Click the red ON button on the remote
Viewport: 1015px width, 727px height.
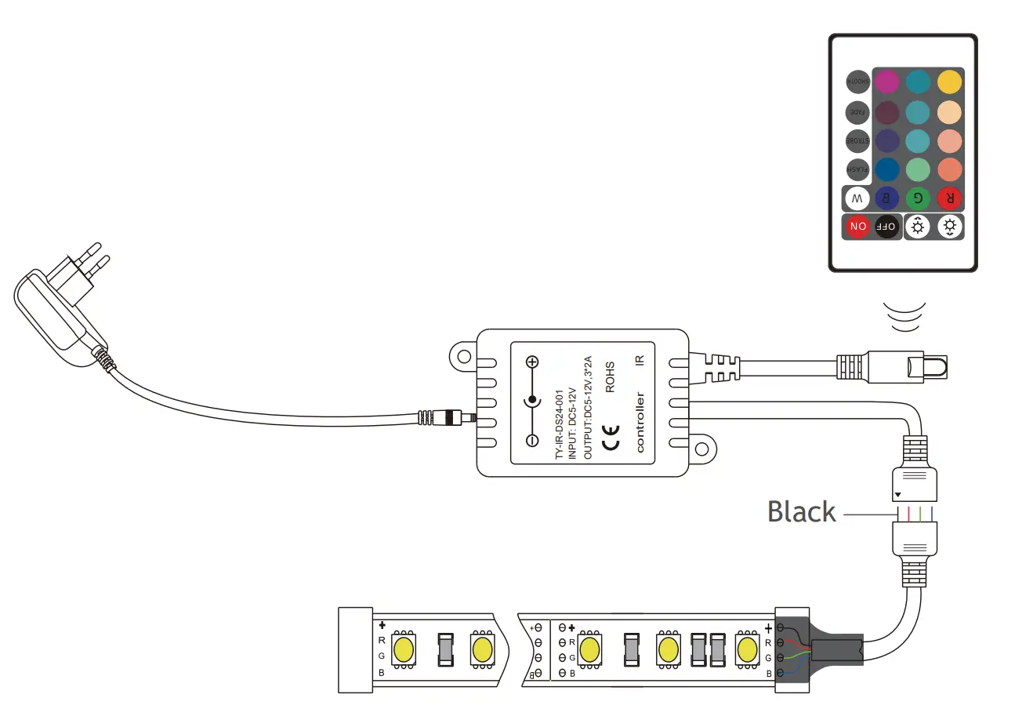857,227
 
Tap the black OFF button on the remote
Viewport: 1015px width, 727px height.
886,227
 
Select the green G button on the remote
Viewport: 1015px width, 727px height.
918,198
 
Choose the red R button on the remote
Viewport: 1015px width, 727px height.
949,198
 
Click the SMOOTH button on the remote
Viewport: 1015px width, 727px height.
857,81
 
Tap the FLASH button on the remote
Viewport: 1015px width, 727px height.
857,169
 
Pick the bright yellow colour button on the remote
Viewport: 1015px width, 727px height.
949,82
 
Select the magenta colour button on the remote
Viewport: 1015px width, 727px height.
886,82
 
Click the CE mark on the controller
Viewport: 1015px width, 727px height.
611,438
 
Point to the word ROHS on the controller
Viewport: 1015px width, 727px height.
611,376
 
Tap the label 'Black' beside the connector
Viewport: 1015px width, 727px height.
801,512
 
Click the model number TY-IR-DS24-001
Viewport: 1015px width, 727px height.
559,424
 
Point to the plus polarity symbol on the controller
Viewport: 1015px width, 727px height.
532,362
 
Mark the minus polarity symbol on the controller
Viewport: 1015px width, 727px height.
532,441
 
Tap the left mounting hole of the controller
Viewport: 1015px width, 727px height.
464,357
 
